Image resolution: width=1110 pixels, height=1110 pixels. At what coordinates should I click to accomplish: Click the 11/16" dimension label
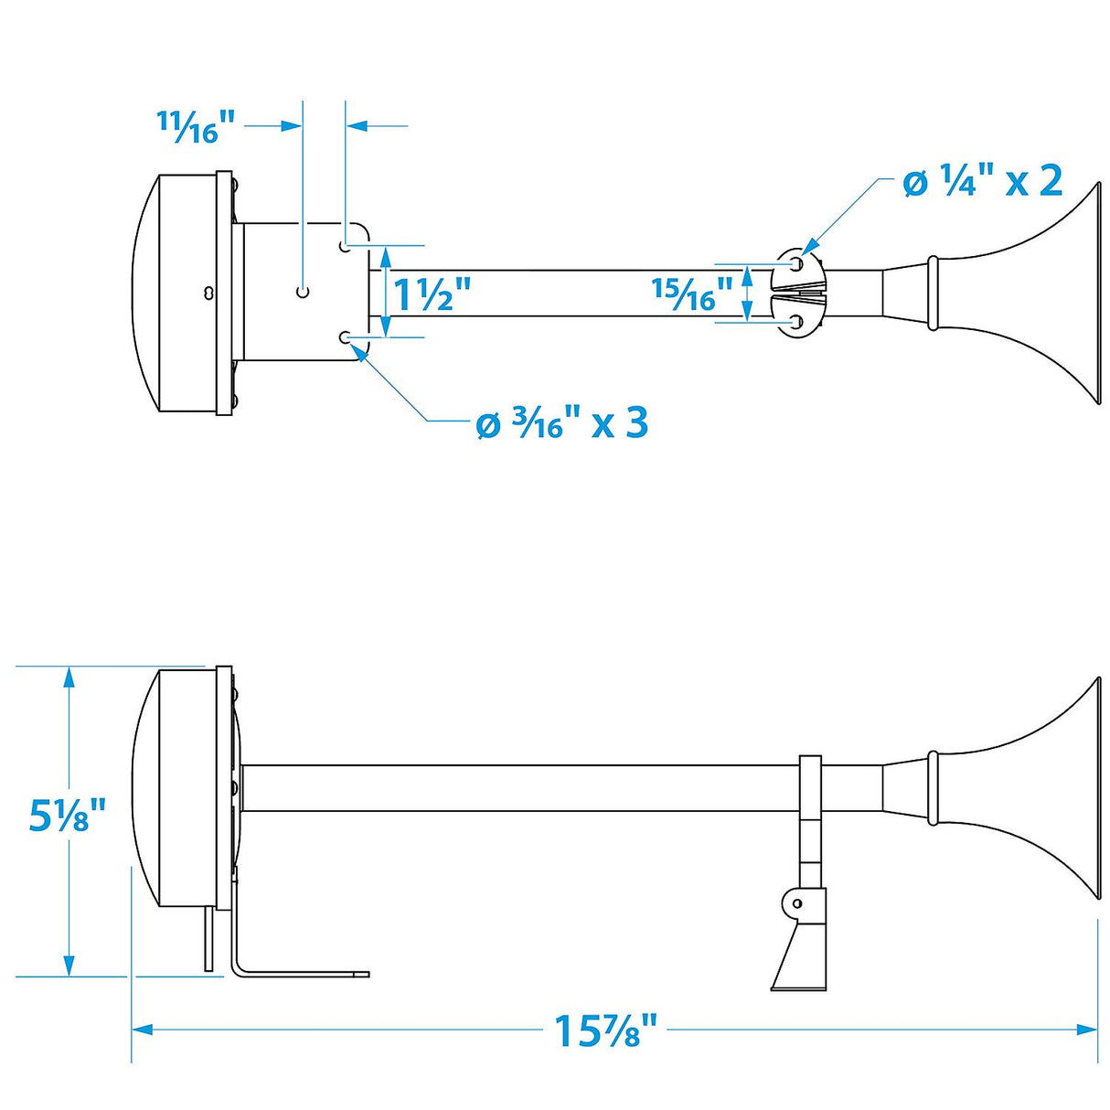coord(196,126)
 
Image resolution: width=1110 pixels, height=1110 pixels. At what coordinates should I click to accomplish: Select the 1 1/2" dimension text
coord(432,294)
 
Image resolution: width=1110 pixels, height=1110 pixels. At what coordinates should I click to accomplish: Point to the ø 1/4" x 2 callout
coord(982,181)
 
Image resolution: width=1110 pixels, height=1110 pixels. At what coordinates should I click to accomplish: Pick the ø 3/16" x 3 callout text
coord(562,422)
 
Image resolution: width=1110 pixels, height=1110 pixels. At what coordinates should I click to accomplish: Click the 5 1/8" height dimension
coord(68,815)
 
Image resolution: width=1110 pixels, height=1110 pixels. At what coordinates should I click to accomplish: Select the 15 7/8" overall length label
coord(606,1030)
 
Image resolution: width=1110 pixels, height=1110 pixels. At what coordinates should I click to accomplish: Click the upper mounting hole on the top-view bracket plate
coord(345,247)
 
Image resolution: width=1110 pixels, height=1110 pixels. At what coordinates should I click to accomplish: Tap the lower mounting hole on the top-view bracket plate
coord(345,337)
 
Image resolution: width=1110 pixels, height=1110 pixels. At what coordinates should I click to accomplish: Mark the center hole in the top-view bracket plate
coord(304,292)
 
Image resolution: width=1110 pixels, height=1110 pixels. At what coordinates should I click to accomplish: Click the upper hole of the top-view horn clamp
coord(797,263)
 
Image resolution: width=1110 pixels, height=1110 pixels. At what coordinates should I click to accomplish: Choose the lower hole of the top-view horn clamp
coord(797,322)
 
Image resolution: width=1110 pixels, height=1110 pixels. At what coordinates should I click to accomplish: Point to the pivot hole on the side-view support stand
coord(796,902)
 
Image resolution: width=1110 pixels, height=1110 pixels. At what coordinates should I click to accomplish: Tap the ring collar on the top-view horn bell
coord(933,293)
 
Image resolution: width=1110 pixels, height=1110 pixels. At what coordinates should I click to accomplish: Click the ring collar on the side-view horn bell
coord(933,787)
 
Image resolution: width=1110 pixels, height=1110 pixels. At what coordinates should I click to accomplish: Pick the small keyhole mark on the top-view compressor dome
coord(209,293)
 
